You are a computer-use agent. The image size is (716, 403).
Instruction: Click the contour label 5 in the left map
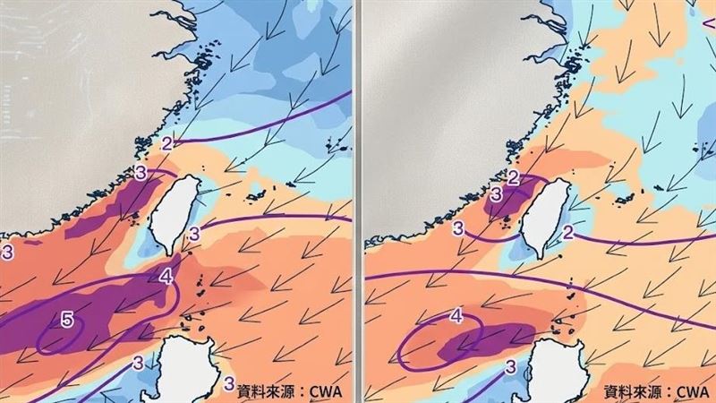[66, 318]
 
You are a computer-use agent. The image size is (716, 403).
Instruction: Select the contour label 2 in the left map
[167, 143]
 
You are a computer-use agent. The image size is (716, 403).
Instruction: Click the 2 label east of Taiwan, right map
[568, 233]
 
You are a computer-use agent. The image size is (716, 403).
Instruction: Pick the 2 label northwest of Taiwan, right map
[513, 177]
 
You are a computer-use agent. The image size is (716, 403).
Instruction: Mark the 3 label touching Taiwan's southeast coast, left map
[196, 235]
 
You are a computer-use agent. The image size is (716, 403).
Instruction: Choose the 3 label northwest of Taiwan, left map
[141, 172]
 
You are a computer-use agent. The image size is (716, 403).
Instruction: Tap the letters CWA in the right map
[692, 390]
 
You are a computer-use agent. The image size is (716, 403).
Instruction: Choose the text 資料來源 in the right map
[632, 390]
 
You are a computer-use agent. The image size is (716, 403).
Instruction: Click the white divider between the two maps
[358, 201]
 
